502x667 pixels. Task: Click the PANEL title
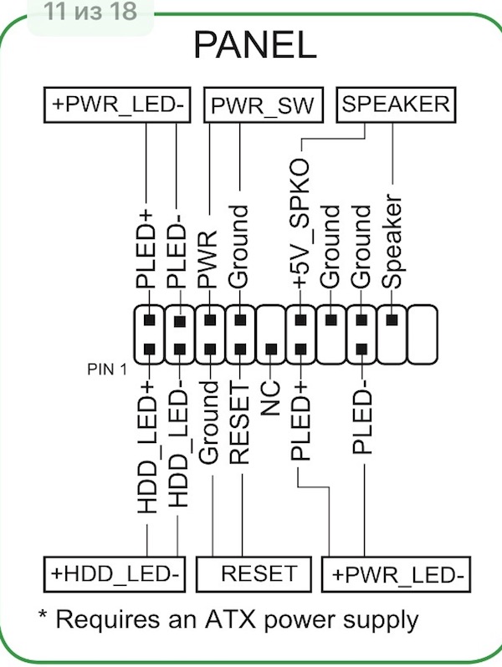(255, 44)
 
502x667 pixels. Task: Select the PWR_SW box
(264, 105)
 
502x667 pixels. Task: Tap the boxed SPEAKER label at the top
(396, 104)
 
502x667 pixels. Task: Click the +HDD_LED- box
(115, 574)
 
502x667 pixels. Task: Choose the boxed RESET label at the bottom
(254, 574)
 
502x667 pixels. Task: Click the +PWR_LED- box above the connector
(117, 104)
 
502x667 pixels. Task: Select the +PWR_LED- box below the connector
(396, 574)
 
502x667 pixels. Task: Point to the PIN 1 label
(107, 369)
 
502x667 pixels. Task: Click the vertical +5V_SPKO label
(300, 223)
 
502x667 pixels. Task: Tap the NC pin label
(270, 398)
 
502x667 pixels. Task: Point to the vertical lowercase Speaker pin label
(392, 242)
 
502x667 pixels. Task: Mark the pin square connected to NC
(270, 349)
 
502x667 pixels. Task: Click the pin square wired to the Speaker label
(392, 320)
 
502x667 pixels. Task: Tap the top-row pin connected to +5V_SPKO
(300, 320)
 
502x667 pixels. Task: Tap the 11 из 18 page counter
(90, 12)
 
